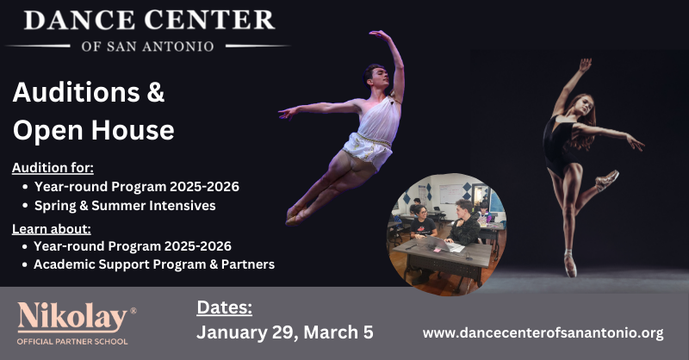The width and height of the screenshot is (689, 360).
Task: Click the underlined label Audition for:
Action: (53, 167)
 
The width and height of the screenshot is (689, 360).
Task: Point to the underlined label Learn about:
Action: (51, 228)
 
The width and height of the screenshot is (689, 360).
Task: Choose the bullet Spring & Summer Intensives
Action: (124, 206)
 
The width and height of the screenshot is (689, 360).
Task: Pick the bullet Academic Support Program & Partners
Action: (154, 264)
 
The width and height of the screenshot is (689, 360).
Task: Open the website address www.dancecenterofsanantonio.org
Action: (543, 332)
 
